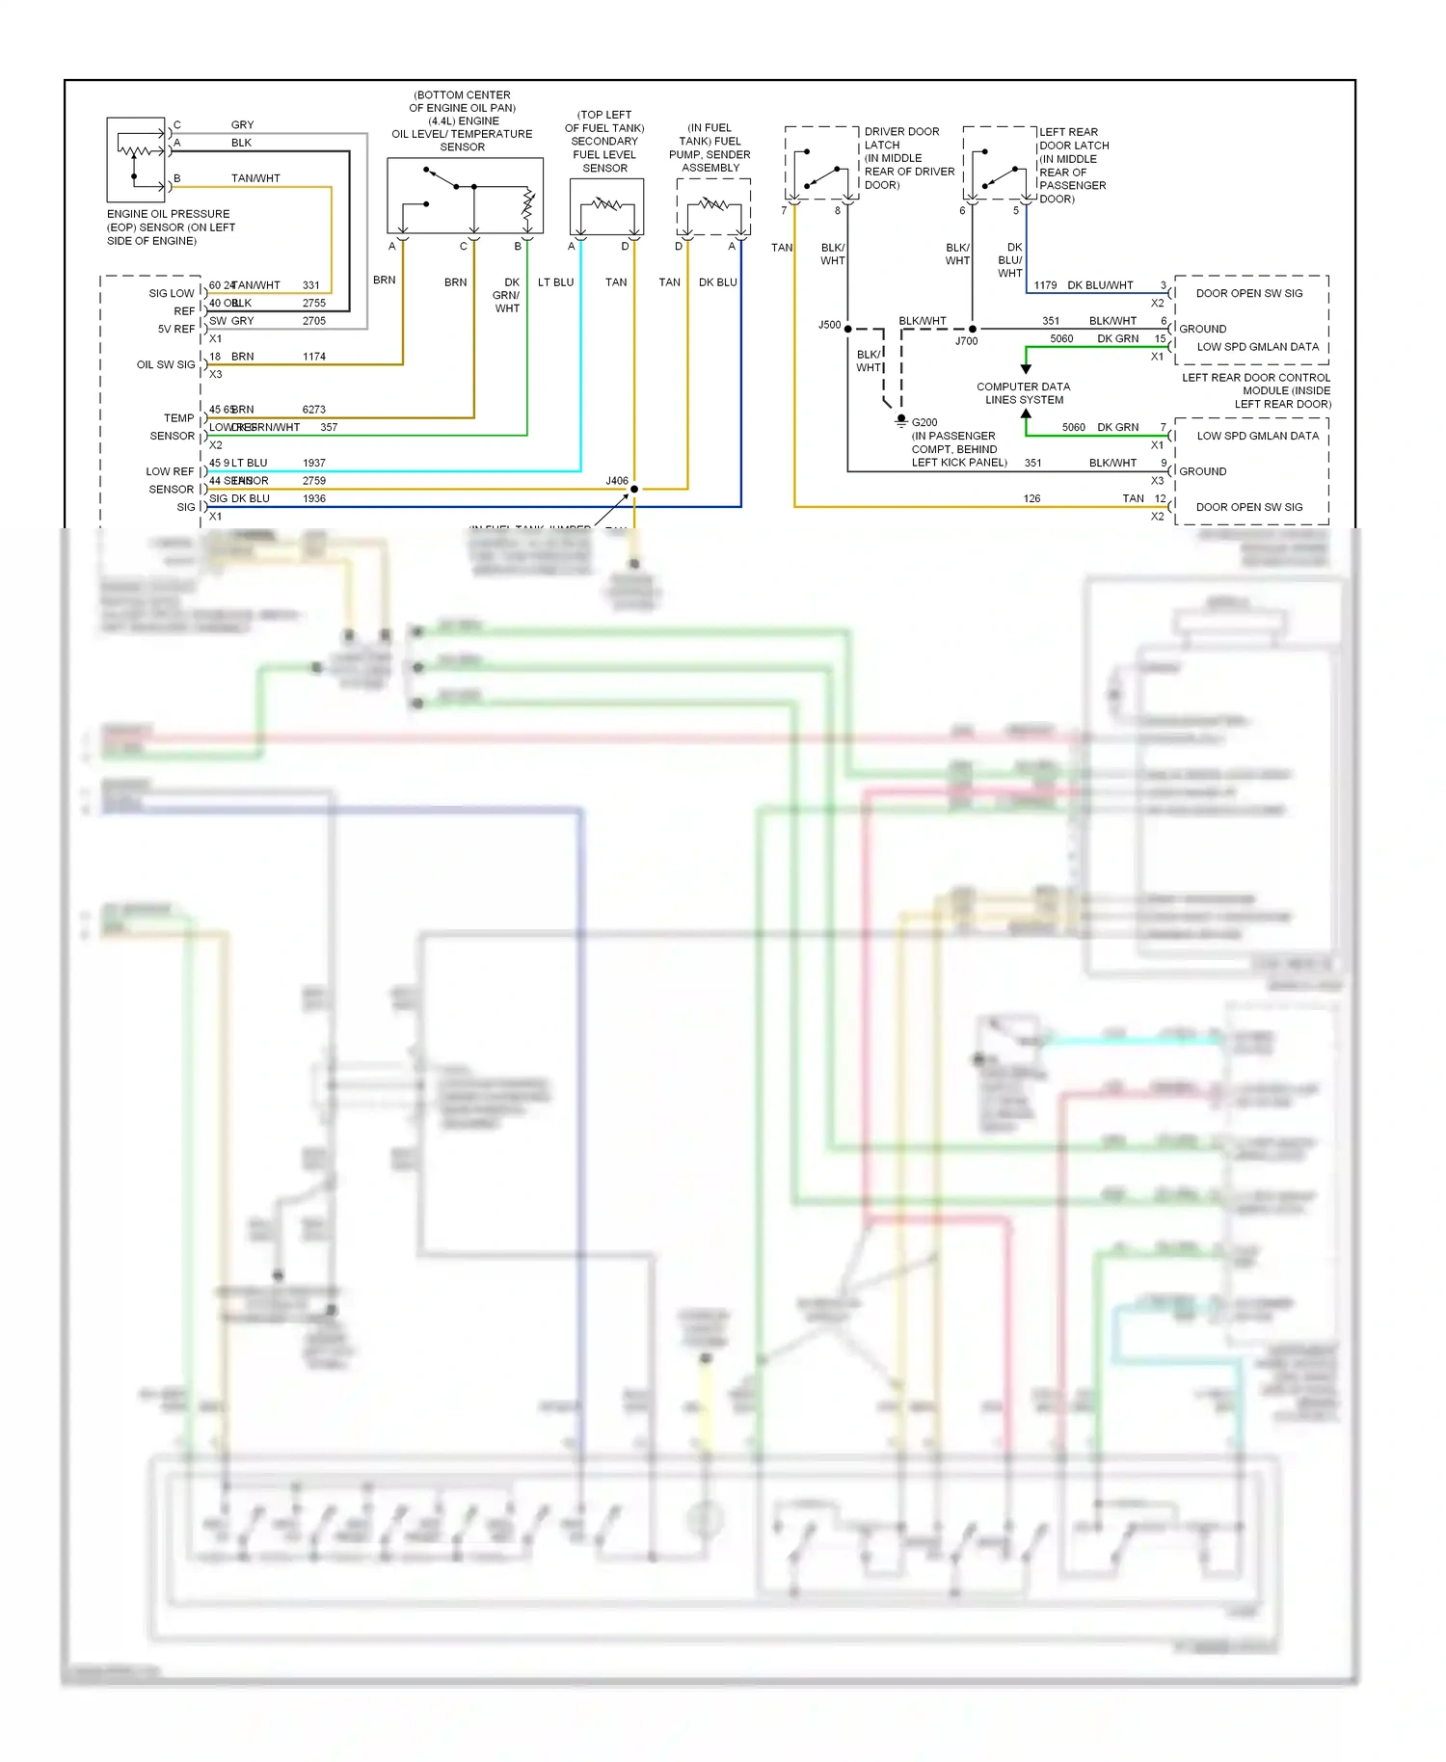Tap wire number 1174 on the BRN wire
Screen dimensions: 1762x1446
click(x=314, y=357)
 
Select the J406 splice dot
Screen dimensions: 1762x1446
click(x=634, y=490)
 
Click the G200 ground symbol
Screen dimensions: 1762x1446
click(x=901, y=420)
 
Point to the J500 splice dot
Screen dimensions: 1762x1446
click(x=848, y=329)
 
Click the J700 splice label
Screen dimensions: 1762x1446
click(x=966, y=341)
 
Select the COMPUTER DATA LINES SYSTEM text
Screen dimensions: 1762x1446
click(x=1023, y=393)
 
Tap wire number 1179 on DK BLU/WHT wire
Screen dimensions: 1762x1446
click(x=1045, y=285)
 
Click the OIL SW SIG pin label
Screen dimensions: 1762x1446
click(x=165, y=365)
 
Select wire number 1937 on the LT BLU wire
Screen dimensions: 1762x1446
click(x=314, y=463)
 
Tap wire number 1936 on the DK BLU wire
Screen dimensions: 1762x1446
click(x=314, y=498)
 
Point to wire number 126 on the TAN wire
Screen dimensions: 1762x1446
click(x=1031, y=498)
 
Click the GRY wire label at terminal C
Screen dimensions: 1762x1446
click(x=242, y=124)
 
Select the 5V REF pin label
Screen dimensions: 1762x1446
click(x=175, y=329)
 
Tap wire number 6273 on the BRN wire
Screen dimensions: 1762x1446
click(x=314, y=409)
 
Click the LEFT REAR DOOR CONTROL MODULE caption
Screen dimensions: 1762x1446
click(x=1257, y=390)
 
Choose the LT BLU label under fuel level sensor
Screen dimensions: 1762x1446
click(x=555, y=282)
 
